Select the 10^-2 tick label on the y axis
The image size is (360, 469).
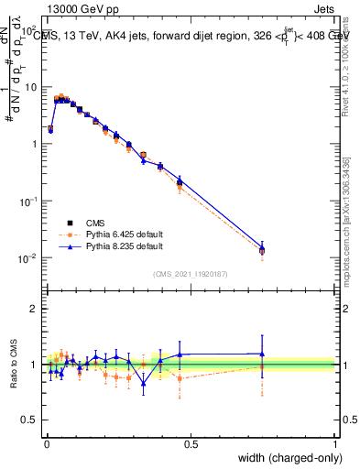click(x=29, y=258)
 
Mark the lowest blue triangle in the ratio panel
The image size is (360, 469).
click(x=143, y=383)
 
